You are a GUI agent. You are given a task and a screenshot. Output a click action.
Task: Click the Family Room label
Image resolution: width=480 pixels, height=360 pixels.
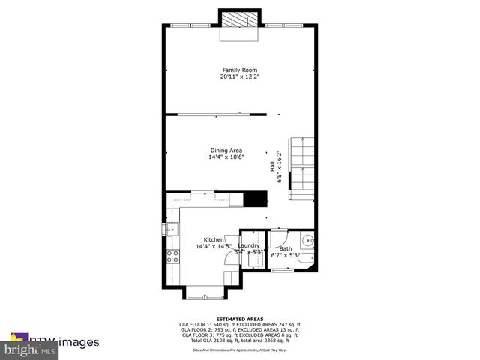[x=239, y=70]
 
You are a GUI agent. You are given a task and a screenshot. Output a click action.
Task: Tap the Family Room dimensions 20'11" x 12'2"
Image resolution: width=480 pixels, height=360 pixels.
[x=239, y=76]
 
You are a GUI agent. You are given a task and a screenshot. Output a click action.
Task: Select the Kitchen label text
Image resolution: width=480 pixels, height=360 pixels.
[x=214, y=239]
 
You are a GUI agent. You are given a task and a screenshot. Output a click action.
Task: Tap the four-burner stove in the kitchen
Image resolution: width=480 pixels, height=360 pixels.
[x=172, y=257]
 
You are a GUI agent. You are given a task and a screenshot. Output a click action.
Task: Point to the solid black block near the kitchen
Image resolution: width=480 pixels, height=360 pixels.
[x=257, y=199]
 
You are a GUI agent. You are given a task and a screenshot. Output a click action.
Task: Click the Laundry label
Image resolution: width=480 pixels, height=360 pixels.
[x=249, y=245]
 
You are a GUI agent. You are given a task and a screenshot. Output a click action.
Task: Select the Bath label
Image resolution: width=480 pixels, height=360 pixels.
[x=286, y=248]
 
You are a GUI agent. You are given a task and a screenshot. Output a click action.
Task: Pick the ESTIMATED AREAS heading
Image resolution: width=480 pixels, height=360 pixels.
[x=239, y=319]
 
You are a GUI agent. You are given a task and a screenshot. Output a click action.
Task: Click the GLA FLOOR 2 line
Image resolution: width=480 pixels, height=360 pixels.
[x=239, y=329]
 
